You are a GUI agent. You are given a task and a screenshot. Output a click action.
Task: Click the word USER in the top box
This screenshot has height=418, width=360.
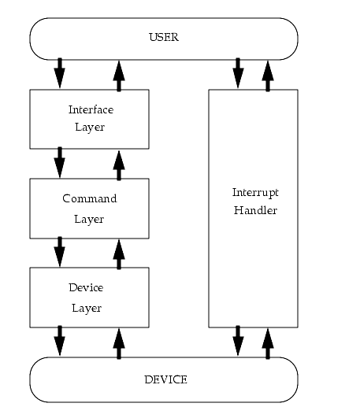click(164, 37)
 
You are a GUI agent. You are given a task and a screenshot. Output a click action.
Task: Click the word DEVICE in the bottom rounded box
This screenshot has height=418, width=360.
click(165, 379)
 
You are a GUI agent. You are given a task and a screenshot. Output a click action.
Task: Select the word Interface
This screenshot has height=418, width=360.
click(91, 109)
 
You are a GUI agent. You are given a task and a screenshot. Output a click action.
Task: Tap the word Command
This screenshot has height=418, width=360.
click(90, 198)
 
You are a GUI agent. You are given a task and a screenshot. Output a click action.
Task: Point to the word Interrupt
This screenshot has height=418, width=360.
click(255, 193)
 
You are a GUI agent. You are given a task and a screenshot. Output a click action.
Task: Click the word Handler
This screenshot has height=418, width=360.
click(255, 210)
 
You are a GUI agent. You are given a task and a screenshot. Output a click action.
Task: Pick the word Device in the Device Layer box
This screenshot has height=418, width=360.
click(86, 287)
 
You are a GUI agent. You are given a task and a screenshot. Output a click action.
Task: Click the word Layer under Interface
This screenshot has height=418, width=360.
click(90, 128)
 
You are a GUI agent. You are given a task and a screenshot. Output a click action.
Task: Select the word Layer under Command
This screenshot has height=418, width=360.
click(89, 219)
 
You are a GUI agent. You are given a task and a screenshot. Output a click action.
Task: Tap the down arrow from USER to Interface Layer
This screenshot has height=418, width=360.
click(60, 72)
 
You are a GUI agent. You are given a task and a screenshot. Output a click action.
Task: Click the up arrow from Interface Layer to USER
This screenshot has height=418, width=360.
click(119, 76)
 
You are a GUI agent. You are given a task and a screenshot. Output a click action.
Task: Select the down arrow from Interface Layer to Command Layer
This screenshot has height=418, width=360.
click(60, 162)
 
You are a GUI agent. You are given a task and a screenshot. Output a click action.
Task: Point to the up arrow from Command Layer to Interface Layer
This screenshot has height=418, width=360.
click(119, 165)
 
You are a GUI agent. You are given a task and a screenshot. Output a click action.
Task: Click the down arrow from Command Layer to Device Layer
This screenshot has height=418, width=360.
click(60, 251)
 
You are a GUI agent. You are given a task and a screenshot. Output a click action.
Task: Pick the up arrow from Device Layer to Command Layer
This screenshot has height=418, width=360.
click(119, 254)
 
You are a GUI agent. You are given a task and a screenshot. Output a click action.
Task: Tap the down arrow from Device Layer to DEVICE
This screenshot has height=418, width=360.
click(60, 340)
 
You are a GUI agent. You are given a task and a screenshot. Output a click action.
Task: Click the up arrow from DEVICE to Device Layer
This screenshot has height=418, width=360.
click(119, 344)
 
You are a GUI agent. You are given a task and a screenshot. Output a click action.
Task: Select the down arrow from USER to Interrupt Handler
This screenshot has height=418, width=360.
click(238, 72)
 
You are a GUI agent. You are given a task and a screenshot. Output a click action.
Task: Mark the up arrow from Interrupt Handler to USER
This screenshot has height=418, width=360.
click(268, 76)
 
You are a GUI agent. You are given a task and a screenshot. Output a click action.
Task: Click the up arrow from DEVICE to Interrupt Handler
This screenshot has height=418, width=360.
click(268, 344)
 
